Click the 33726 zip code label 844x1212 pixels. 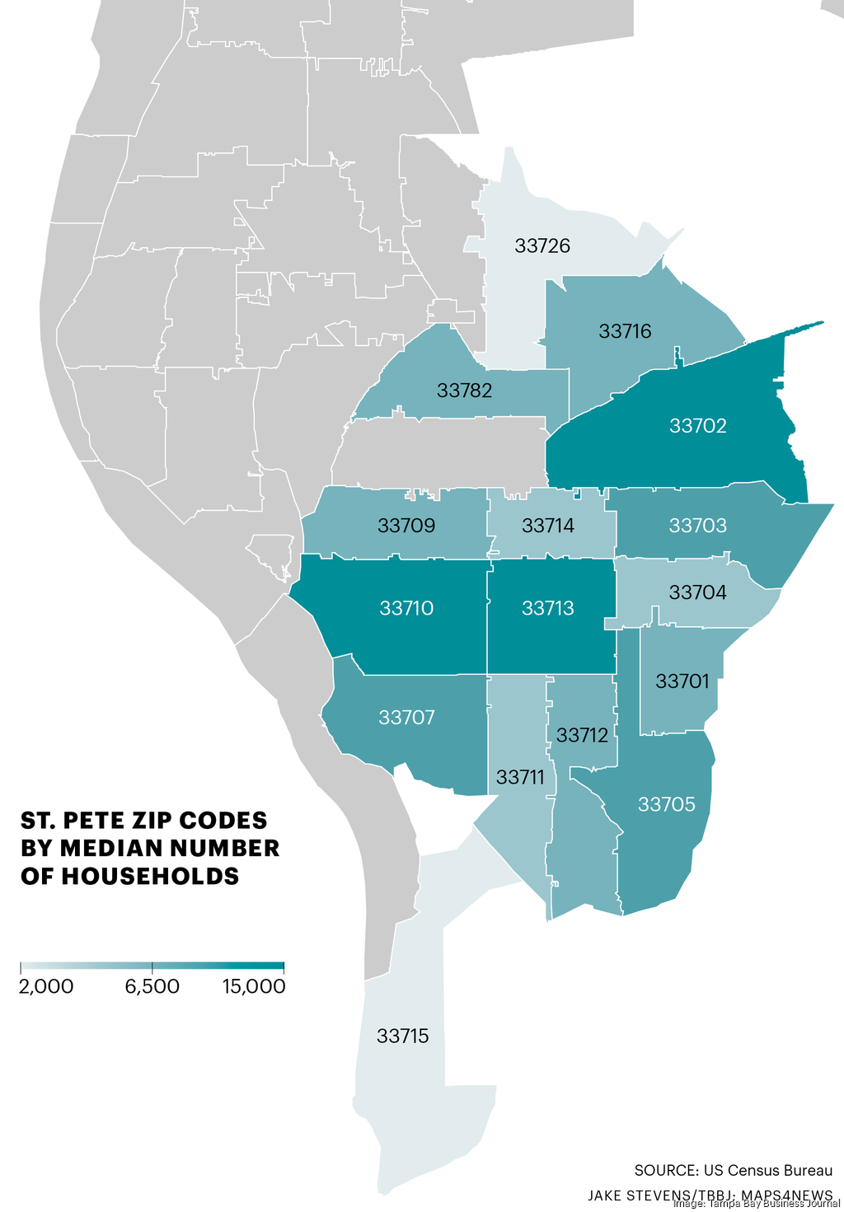click(x=542, y=246)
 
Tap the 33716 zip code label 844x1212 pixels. click(x=625, y=331)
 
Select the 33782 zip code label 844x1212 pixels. click(x=464, y=391)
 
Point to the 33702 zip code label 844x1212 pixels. click(x=697, y=426)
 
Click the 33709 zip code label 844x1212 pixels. click(x=406, y=526)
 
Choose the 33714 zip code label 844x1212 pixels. click(x=548, y=526)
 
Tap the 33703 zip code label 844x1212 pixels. click(x=697, y=526)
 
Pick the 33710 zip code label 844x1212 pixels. click(x=406, y=608)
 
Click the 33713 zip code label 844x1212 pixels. click(x=548, y=608)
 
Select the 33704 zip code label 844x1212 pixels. click(x=697, y=592)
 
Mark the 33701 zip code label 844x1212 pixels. click(x=682, y=681)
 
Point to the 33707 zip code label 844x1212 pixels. click(x=406, y=718)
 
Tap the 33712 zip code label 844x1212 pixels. click(x=582, y=735)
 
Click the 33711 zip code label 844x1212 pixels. click(x=520, y=777)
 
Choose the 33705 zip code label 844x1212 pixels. click(x=666, y=804)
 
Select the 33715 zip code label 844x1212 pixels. click(x=402, y=1036)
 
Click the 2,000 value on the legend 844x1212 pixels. click(x=46, y=986)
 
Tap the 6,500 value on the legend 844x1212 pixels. click(x=152, y=986)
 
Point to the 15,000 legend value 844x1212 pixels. click(x=254, y=986)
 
